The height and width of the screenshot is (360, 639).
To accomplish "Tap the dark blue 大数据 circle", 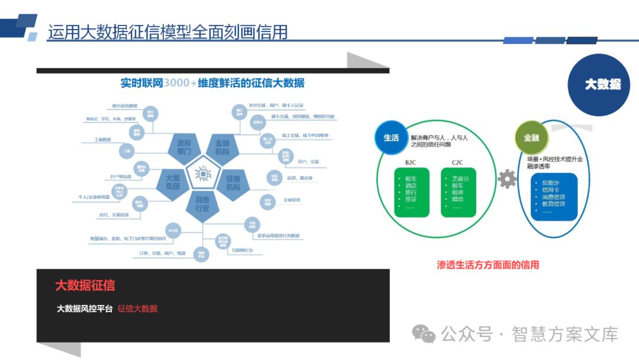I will click(x=602, y=85).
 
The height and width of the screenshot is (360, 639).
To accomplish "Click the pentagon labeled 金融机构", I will click(x=222, y=147).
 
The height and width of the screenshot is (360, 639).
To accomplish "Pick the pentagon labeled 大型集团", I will click(x=172, y=182).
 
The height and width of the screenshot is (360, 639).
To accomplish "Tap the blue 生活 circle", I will click(x=391, y=137).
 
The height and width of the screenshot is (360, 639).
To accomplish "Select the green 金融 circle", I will click(x=531, y=137).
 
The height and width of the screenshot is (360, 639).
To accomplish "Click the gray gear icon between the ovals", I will click(x=506, y=179).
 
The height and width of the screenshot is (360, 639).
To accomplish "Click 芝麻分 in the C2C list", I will click(x=460, y=178).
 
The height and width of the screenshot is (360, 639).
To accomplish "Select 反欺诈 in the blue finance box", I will click(x=550, y=182).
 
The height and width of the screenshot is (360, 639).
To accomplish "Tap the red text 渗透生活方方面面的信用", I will click(x=488, y=265).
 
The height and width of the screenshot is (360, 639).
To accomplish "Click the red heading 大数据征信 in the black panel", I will click(x=85, y=285).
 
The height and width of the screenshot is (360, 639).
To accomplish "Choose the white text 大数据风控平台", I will click(x=84, y=308).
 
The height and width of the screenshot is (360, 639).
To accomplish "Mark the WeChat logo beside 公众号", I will click(x=424, y=334).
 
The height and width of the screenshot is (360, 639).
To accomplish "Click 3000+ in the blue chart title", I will click(x=180, y=83).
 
